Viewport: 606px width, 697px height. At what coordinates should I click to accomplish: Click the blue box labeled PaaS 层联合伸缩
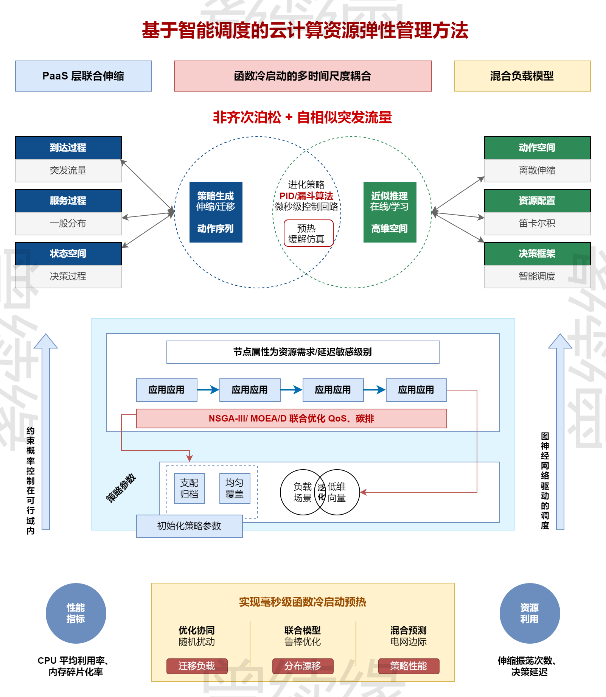(x=83, y=76)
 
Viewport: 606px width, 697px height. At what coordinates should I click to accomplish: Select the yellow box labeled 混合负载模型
(x=522, y=76)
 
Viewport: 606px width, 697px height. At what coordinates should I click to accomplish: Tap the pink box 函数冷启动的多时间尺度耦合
(x=303, y=76)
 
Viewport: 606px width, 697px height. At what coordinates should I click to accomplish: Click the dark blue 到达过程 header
(x=68, y=148)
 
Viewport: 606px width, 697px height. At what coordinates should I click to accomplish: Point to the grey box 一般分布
(x=68, y=223)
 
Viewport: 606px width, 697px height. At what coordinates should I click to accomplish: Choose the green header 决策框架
(x=537, y=254)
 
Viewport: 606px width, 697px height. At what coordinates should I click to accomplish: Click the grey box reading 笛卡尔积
(x=537, y=223)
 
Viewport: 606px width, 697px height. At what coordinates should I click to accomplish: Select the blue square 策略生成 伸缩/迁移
(x=216, y=212)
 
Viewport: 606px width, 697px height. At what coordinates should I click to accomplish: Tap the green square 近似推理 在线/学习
(x=390, y=212)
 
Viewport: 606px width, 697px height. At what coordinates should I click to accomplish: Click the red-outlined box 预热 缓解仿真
(x=308, y=233)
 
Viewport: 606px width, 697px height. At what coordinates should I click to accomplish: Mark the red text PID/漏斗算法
(x=306, y=196)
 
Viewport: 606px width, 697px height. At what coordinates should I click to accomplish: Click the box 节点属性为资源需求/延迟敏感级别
(x=303, y=352)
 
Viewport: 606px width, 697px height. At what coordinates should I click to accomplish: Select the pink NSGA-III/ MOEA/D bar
(x=291, y=419)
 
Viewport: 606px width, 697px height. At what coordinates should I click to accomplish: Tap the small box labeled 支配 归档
(x=189, y=488)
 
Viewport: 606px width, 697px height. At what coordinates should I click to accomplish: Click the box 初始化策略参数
(x=189, y=526)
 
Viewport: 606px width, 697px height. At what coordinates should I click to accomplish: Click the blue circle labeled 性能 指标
(x=76, y=613)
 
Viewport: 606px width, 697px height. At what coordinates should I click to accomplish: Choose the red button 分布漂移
(x=303, y=666)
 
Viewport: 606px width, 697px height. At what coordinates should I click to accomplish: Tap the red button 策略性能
(x=409, y=666)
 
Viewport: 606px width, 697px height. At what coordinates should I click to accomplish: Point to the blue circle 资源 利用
(x=530, y=613)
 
